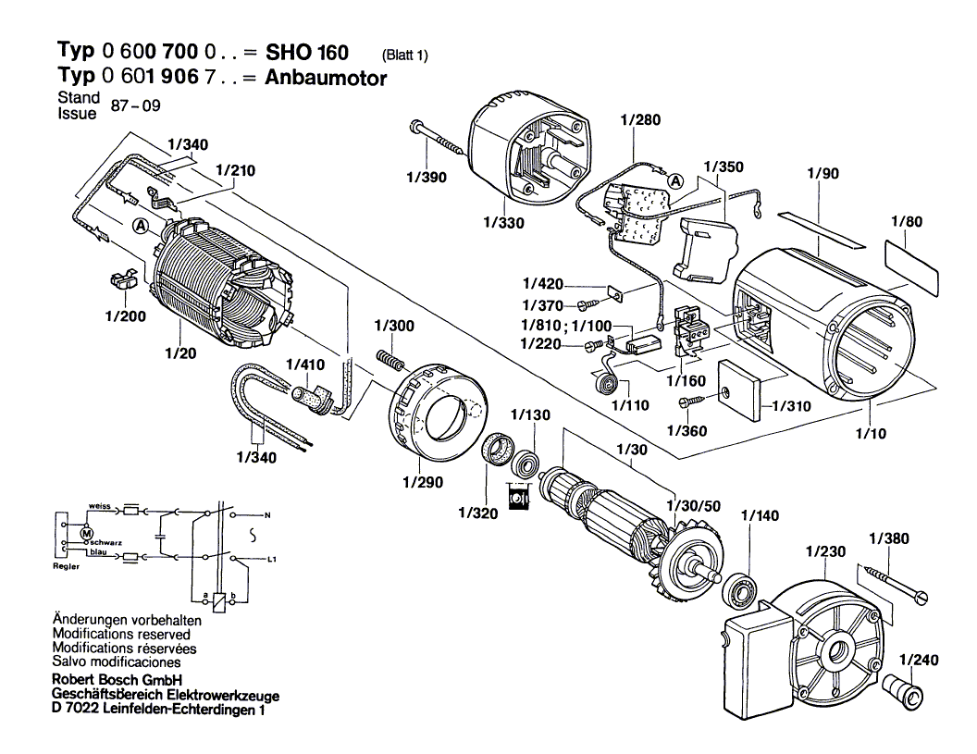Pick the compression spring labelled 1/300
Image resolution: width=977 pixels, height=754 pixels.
392,359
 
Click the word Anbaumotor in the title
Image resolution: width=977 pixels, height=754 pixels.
326,79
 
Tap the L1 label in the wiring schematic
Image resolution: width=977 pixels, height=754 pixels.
271,561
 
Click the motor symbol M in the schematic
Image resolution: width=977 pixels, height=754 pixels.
87,534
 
